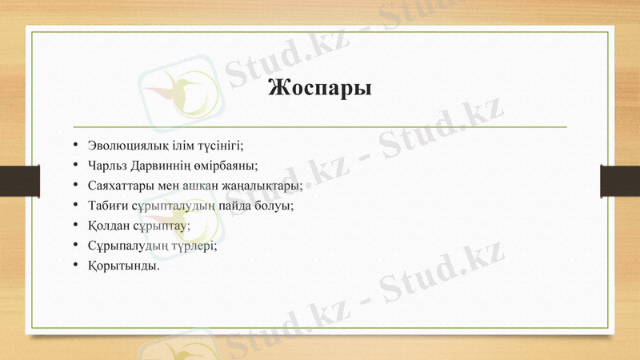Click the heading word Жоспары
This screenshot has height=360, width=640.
[x=320, y=86]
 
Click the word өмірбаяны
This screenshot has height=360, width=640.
[x=230, y=166]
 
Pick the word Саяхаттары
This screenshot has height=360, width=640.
[x=119, y=186]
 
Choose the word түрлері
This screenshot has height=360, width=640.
[x=194, y=246]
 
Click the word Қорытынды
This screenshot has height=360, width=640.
[x=124, y=266]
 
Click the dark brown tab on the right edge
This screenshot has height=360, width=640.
[x=621, y=181]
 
